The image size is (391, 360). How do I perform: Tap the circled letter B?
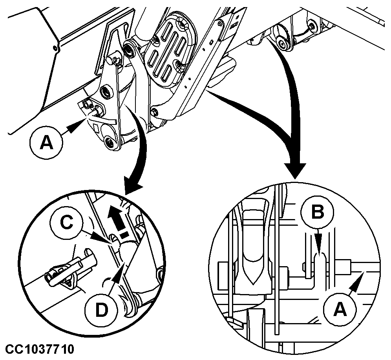318,212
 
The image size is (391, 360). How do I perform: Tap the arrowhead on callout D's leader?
121,270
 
